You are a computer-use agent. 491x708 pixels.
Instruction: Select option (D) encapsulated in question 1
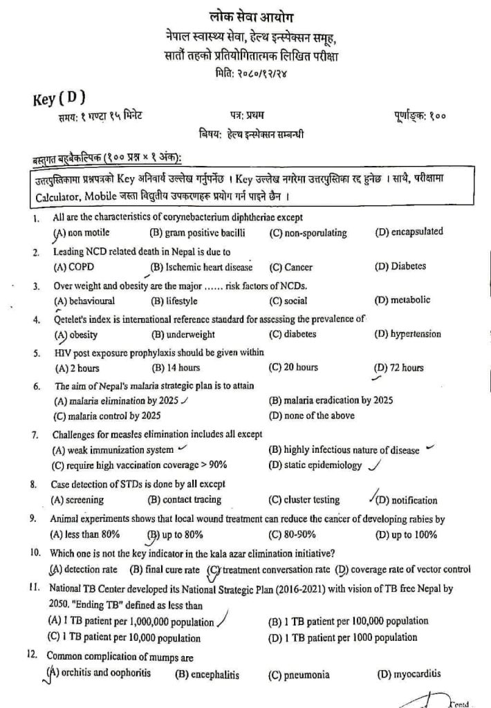click(409, 232)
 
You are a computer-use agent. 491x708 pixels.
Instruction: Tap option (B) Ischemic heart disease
click(201, 266)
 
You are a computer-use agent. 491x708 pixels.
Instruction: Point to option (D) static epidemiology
click(314, 465)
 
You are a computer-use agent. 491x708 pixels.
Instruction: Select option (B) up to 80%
click(175, 534)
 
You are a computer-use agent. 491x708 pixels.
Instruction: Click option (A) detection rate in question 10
click(87, 570)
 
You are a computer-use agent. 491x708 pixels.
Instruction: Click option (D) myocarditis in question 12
click(407, 674)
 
